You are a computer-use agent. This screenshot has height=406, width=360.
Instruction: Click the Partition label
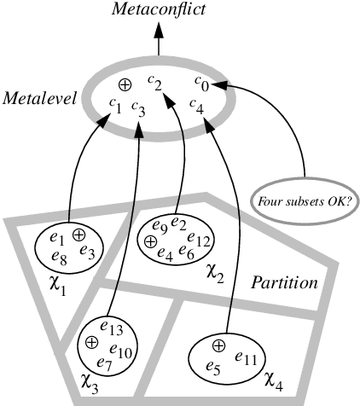284,282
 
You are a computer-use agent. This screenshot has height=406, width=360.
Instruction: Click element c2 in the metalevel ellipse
154,82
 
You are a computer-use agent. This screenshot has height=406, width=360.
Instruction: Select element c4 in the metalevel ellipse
198,107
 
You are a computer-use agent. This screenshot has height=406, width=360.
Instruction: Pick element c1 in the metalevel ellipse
115,106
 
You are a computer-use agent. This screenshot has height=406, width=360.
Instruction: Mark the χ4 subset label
276,376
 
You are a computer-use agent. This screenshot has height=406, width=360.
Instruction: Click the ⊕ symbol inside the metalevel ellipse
125,84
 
